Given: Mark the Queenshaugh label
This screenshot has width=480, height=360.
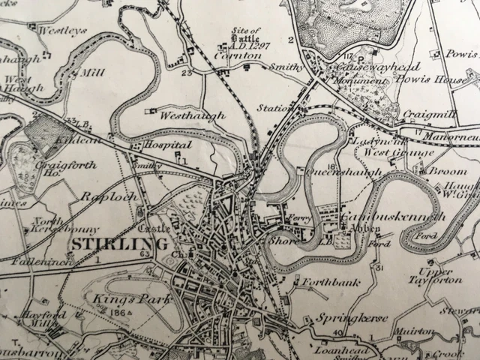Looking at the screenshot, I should (335, 171).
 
